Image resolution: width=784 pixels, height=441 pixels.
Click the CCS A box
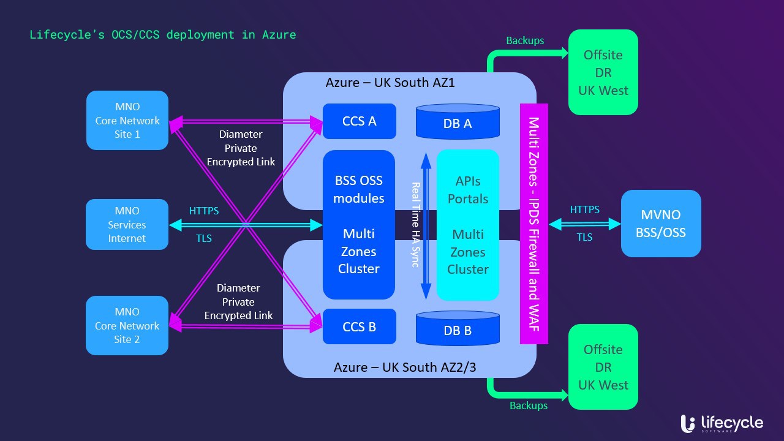[360, 121]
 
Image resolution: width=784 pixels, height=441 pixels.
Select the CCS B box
[360, 326]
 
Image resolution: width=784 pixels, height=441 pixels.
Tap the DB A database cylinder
[458, 122]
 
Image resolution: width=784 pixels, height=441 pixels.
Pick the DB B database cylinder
[458, 329]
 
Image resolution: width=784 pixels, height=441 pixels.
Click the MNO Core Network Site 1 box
[127, 121]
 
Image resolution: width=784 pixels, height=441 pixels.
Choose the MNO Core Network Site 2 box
[127, 325]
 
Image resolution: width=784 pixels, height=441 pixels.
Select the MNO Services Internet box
[127, 224]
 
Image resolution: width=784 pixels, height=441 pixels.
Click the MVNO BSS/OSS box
[661, 224]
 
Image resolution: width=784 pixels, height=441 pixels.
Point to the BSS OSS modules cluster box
[359, 224]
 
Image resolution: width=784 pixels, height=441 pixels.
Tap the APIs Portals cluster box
[468, 225]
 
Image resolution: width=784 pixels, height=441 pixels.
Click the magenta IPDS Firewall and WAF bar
[533, 224]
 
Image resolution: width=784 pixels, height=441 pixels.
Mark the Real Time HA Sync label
[415, 225]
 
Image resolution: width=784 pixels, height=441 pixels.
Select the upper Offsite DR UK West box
[603, 72]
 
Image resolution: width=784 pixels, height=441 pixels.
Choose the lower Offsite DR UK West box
[603, 367]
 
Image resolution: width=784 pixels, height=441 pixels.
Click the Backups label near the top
[525, 41]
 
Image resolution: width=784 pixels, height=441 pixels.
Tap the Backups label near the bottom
[529, 405]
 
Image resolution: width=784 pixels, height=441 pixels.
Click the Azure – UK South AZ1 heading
[390, 82]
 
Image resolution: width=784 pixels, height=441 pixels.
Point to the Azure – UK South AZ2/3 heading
[405, 367]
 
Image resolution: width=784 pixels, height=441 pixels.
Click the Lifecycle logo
[722, 423]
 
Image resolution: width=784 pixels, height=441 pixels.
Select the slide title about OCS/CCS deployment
[163, 35]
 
